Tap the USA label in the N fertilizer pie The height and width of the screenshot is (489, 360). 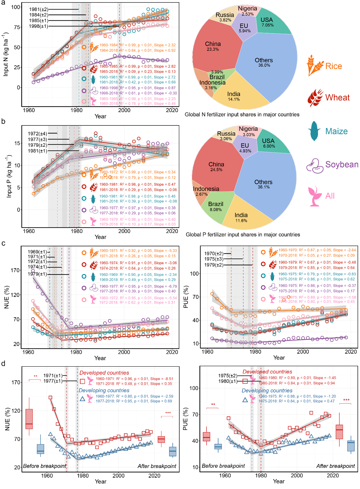[x=267, y=20]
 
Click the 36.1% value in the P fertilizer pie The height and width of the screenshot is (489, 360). [x=264, y=187]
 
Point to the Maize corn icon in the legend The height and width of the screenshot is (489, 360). [x=314, y=131]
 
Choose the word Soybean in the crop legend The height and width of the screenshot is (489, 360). [x=342, y=165]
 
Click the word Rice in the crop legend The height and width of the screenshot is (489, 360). [x=334, y=66]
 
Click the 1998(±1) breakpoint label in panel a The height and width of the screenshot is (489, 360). [x=39, y=26]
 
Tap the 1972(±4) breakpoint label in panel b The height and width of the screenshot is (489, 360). [x=37, y=134]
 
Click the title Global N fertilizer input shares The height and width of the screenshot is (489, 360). [x=242, y=115]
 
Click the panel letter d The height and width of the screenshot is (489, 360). [x=3, y=364]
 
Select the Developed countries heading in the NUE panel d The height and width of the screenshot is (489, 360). [x=104, y=373]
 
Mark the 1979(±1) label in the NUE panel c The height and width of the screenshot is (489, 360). [x=37, y=274]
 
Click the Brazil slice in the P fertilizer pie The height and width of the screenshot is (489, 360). [x=216, y=206]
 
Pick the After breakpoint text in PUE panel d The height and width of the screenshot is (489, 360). [x=335, y=466]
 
